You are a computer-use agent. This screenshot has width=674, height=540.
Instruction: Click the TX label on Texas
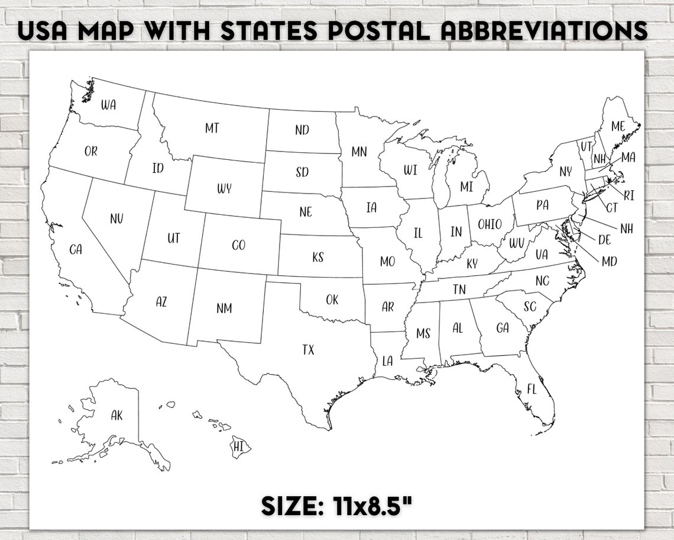308,349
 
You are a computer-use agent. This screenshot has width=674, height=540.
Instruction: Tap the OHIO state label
490,224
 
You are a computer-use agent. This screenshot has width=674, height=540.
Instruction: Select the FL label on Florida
532,389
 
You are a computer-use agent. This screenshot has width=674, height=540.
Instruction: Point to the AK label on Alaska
116,416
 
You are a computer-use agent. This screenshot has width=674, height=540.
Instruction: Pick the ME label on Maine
618,126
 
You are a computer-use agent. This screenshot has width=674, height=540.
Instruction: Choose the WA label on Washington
108,105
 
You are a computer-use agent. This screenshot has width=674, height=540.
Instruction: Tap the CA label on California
76,249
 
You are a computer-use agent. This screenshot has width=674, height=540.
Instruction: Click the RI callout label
629,195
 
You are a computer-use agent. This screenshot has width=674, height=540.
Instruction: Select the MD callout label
609,261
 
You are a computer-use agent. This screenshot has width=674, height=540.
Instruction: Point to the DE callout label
605,240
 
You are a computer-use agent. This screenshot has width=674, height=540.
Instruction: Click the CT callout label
611,207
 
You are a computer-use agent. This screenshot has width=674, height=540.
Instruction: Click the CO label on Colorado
238,245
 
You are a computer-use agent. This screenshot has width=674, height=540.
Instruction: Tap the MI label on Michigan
466,186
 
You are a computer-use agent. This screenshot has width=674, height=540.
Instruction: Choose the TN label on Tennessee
459,290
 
